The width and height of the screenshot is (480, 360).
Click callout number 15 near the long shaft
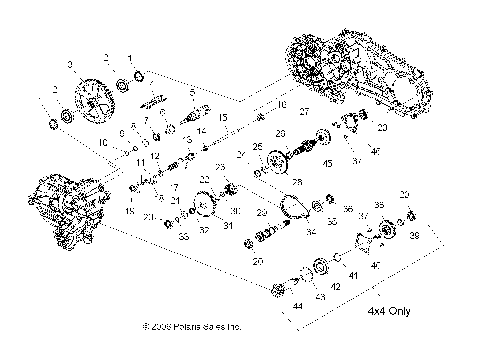tap(224, 118)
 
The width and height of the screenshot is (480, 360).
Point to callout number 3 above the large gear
tap(69, 65)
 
